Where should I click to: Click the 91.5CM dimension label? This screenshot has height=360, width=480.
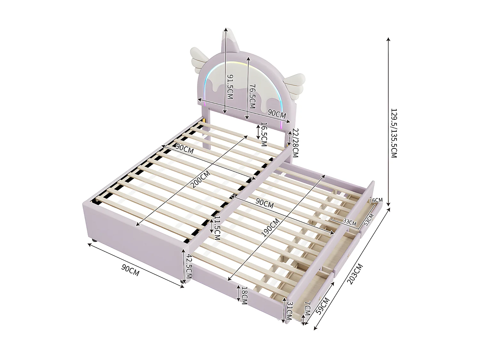230,87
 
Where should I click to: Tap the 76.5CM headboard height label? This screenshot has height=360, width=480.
252,96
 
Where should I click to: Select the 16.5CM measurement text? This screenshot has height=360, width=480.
264,134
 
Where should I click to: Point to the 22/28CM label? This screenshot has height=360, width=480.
295,143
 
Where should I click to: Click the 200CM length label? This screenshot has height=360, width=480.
200,179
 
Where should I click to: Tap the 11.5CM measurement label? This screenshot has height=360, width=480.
217,228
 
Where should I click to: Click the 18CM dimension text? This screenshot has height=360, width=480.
244,295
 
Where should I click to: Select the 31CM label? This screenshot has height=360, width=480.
289,311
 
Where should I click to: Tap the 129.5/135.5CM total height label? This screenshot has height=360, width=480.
394,133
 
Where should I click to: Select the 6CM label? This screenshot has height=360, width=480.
377,200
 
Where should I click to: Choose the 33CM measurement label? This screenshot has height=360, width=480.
349,222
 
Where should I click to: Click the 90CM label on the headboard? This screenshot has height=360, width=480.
277,113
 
